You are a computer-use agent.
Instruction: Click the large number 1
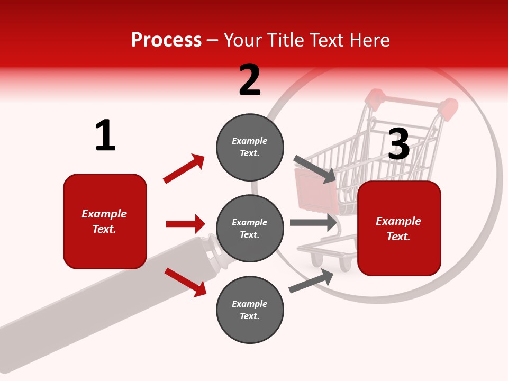tap(105, 135)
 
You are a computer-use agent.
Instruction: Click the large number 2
tap(250, 80)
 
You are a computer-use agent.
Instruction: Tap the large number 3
tap(398, 144)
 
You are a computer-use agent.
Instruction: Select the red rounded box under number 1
tap(105, 221)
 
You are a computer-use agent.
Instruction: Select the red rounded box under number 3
tap(399, 228)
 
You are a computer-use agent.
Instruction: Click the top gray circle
tap(250, 147)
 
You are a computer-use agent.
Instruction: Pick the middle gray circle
tap(250, 228)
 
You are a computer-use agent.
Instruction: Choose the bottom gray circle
tap(250, 310)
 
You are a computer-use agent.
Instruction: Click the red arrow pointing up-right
tap(184, 169)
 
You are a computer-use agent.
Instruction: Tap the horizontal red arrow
tap(185, 224)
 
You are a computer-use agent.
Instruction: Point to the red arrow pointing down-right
tap(185, 282)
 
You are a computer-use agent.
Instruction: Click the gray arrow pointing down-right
tap(314, 169)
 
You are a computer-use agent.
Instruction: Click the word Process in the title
tap(166, 40)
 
